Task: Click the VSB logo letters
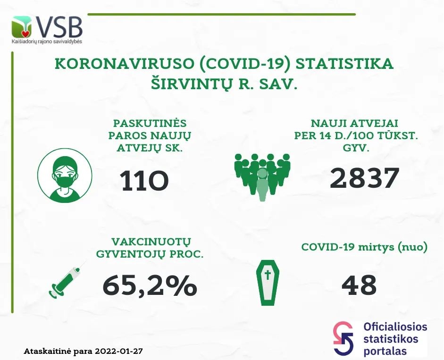(59, 27)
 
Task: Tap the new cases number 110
(144, 181)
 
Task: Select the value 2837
(364, 178)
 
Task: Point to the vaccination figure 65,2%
(150, 285)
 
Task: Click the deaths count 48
(359, 285)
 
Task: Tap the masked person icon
(65, 176)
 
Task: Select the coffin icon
(268, 283)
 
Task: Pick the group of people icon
(262, 177)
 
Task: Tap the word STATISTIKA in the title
(344, 64)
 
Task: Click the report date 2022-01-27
(119, 352)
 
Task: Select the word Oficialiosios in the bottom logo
(395, 327)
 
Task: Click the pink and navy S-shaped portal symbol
(343, 338)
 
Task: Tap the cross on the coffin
(268, 275)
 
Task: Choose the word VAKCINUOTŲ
(151, 242)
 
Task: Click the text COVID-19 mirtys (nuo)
(364, 247)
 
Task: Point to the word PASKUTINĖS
(150, 124)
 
